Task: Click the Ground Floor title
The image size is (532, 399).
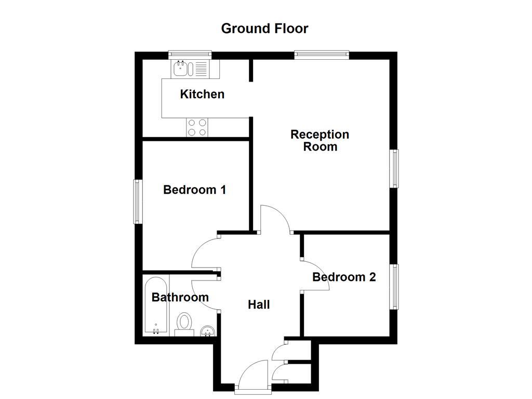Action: [x=264, y=28]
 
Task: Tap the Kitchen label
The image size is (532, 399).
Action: [x=202, y=94]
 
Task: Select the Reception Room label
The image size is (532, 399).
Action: [x=320, y=140]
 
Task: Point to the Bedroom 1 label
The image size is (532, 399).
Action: [x=194, y=190]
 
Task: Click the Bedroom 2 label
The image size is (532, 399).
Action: [x=344, y=277]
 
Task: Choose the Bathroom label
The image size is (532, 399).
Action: [x=180, y=297]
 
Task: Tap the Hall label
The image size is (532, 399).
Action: [x=258, y=304]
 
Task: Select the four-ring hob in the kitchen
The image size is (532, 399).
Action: [x=197, y=127]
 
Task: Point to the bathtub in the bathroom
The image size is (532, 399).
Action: [x=156, y=307]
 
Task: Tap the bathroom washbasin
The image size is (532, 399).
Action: [x=207, y=331]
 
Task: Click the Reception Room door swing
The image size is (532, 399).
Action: [x=275, y=218]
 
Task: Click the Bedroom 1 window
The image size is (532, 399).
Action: [x=138, y=202]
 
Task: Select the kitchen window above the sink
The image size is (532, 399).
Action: [x=190, y=54]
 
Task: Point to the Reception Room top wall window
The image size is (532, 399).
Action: [x=321, y=54]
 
